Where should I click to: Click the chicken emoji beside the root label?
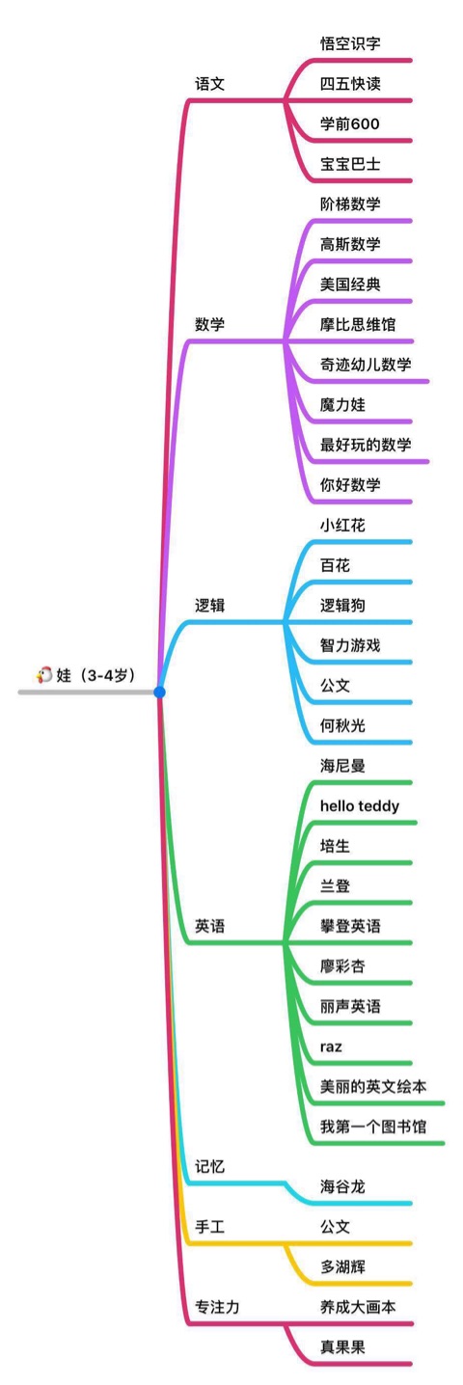tap(44, 674)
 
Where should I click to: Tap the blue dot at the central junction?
tap(159, 692)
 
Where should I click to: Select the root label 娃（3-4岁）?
tap(95, 674)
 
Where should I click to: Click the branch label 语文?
tap(209, 84)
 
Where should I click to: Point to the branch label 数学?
tap(209, 324)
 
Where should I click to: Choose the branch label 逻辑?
tap(209, 605)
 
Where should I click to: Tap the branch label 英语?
tap(209, 926)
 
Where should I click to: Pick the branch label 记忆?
tap(209, 1166)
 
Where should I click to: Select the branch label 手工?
tap(209, 1226)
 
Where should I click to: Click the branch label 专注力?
tap(217, 1307)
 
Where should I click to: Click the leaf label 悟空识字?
tap(350, 43)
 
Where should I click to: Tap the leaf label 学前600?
tap(349, 123)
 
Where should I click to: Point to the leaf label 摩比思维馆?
tap(357, 324)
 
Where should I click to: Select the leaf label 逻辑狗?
tap(342, 605)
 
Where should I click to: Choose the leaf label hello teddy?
tap(360, 805)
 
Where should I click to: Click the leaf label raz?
tap(331, 1046)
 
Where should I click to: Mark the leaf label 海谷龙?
tap(342, 1186)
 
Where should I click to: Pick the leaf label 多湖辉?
tap(342, 1266)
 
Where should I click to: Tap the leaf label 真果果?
tap(342, 1346)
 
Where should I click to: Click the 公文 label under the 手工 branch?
tap(335, 1226)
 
